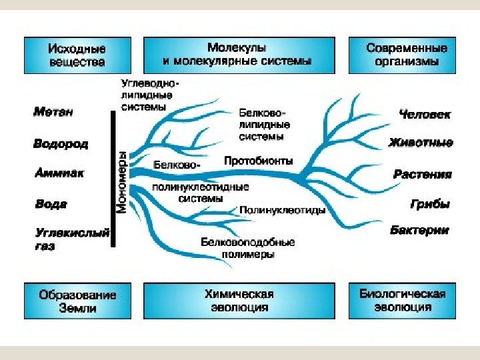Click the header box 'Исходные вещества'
click(77, 55)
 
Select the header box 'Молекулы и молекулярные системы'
click(237, 55)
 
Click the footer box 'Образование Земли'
click(77, 301)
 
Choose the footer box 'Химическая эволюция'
click(237, 301)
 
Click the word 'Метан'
click(53, 112)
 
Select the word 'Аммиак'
click(59, 173)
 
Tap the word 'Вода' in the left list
click(51, 204)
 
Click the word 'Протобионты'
click(257, 161)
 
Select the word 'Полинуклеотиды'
click(282, 210)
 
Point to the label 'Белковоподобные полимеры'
click(247, 248)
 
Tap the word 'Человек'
click(425, 114)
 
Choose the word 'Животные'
click(421, 143)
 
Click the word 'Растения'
click(423, 175)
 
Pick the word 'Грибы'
click(430, 204)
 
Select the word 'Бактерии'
click(419, 231)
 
